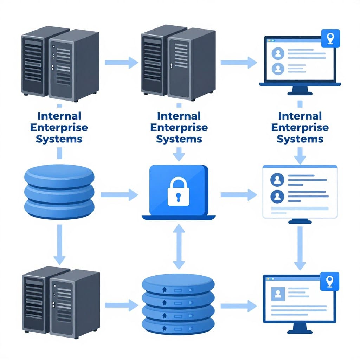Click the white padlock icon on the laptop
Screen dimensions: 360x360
(x=179, y=192)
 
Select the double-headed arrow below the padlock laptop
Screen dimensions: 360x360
(x=179, y=247)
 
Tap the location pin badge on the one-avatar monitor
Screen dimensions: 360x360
(x=330, y=281)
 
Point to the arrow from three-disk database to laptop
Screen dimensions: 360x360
(x=119, y=194)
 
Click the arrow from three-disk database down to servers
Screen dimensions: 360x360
(x=59, y=244)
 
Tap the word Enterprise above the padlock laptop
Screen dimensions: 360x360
(x=179, y=127)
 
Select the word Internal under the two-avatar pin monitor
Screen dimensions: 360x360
(x=300, y=116)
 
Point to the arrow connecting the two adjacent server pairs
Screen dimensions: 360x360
(x=122, y=63)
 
